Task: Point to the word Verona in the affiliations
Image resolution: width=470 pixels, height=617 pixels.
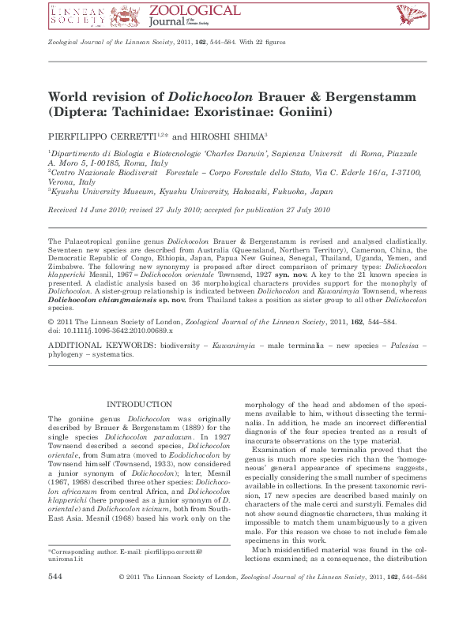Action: coord(65,181)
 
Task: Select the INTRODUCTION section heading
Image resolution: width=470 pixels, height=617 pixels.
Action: coord(139,404)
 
